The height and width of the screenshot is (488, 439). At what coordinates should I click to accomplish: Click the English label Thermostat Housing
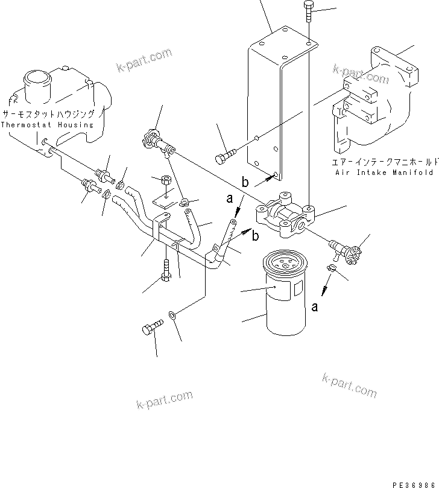pos(47,125)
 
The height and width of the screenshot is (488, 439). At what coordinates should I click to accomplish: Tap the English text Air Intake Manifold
pos(384,172)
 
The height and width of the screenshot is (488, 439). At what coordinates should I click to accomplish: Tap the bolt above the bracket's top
pos(309,11)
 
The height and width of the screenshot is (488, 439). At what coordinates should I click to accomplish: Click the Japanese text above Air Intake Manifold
pos(384,162)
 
